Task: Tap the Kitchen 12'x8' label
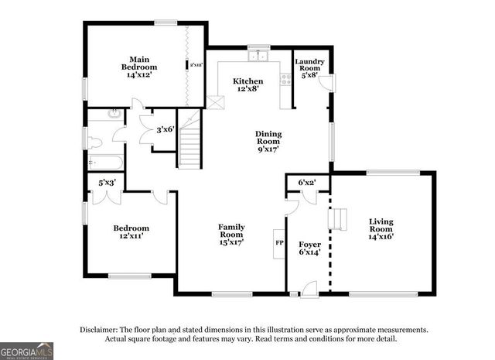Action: pos(247,84)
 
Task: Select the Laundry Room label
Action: pos(309,68)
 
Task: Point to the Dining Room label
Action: pos(268,141)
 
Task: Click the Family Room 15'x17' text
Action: pos(231,235)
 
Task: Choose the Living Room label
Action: pos(381,228)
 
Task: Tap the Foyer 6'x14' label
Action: pos(309,248)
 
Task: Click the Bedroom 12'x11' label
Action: pos(131,232)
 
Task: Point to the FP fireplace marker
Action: pos(279,242)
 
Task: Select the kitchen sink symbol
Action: pos(258,56)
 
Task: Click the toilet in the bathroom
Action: pos(94,142)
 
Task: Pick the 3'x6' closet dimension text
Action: pos(166,130)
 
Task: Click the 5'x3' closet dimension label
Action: pos(107,183)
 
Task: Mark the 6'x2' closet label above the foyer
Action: pos(307,183)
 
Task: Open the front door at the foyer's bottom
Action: pos(308,291)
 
